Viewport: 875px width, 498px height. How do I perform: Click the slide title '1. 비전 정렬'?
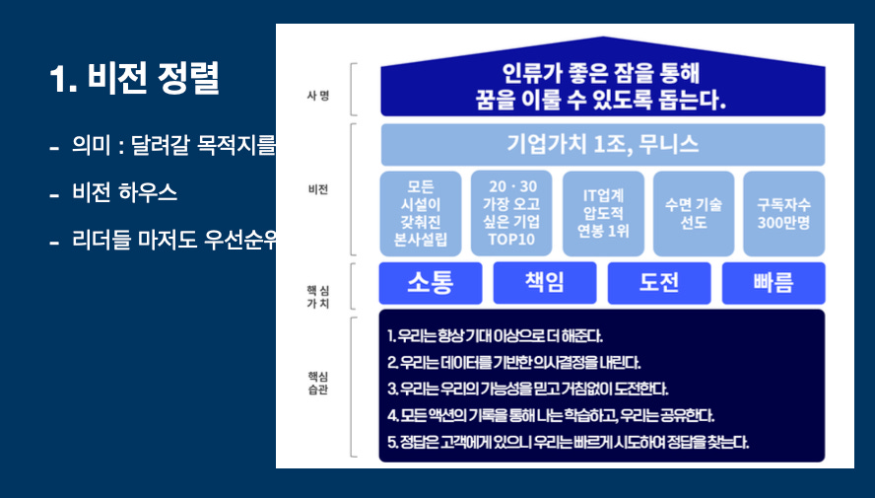point(134,79)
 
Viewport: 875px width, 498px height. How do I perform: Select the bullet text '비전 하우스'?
point(124,193)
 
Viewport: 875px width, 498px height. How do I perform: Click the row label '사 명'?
point(317,94)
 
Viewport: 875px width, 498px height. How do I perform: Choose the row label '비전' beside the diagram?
point(317,189)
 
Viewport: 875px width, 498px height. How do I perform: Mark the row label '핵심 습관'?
point(317,384)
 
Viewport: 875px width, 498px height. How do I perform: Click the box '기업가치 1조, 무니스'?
point(602,144)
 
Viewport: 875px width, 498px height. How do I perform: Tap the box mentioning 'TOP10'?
point(511,214)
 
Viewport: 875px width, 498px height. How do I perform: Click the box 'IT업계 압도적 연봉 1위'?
point(602,214)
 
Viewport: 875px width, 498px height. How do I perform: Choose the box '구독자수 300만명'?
point(784,214)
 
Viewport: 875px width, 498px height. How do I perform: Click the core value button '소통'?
point(431,283)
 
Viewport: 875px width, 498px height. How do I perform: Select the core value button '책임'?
point(544,283)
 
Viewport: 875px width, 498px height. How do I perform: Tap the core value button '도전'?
point(658,283)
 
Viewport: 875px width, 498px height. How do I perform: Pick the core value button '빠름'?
point(774,283)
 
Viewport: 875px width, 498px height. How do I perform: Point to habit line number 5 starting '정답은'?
point(568,442)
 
